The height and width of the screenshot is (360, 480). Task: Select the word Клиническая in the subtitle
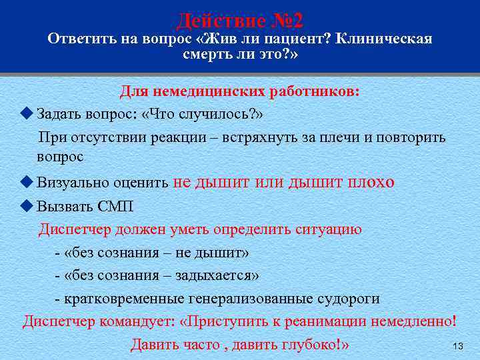pos(385,39)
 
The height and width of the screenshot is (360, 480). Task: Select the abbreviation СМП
pos(105,206)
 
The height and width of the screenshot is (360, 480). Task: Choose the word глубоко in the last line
pos(311,345)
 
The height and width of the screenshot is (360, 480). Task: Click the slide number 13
pos(457,347)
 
